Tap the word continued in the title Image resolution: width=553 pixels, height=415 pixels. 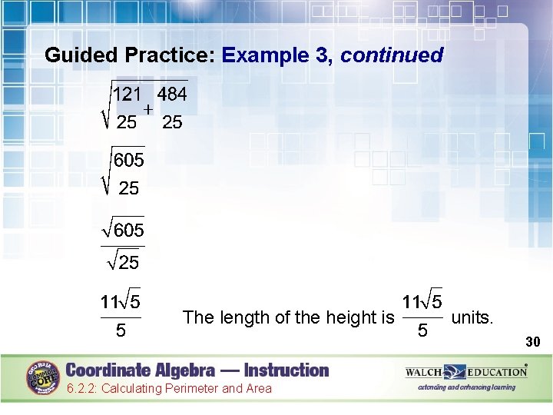(x=392, y=55)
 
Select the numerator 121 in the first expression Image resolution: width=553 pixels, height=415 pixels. (x=127, y=94)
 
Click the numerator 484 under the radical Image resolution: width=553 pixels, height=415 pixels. (x=172, y=94)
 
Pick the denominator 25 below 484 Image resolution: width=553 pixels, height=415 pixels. (x=172, y=122)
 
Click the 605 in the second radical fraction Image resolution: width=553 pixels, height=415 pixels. (x=128, y=161)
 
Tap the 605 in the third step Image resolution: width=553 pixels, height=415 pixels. (x=129, y=230)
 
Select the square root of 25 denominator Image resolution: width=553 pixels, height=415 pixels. (x=123, y=264)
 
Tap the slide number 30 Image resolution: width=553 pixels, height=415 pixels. (x=533, y=340)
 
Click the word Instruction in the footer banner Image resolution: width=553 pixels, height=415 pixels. (x=276, y=370)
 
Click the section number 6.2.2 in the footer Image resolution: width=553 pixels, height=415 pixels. (x=82, y=389)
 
